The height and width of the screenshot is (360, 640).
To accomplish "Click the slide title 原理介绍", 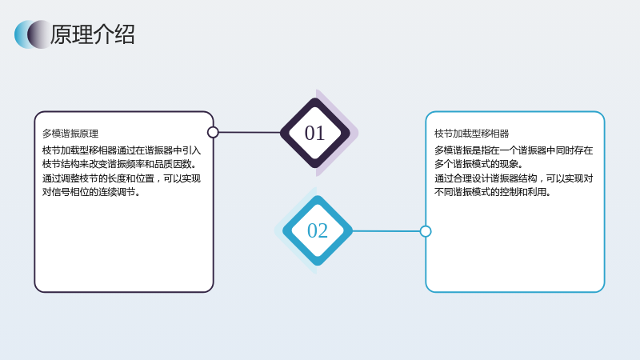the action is click(x=92, y=34).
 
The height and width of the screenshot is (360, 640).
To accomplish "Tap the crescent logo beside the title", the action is click(x=33, y=34).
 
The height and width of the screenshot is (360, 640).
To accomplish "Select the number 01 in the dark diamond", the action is click(x=314, y=133).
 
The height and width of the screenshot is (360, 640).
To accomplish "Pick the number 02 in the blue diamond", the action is click(x=318, y=230).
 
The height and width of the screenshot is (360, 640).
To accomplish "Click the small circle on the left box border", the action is click(x=213, y=132).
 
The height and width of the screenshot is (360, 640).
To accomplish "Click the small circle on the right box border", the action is click(x=426, y=231).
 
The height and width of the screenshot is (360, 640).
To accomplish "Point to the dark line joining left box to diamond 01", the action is click(x=250, y=132).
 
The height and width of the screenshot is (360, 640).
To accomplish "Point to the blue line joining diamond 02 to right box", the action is click(x=386, y=231).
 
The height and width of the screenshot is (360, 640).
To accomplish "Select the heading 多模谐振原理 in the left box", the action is click(x=70, y=134).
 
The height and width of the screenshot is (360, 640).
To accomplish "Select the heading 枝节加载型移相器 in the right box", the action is click(x=471, y=134).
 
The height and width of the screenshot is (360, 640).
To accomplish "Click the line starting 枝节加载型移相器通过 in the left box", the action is click(x=122, y=150).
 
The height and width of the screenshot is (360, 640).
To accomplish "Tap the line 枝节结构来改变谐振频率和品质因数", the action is click(x=119, y=164).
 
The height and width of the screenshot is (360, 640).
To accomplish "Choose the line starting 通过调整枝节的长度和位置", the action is click(x=122, y=178).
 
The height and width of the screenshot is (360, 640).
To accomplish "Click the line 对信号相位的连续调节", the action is click(x=91, y=192).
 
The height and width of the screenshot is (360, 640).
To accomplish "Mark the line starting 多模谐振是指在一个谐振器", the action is click(x=514, y=150).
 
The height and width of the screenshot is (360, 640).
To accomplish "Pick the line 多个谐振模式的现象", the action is click(x=478, y=164).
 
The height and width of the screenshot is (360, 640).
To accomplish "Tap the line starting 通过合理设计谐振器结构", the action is click(x=514, y=178).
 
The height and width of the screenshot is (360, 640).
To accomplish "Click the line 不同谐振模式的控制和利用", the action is click(x=492, y=192).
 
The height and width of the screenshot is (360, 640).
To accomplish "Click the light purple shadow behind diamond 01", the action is click(x=352, y=133).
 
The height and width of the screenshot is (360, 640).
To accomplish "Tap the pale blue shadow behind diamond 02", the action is click(x=281, y=230).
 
